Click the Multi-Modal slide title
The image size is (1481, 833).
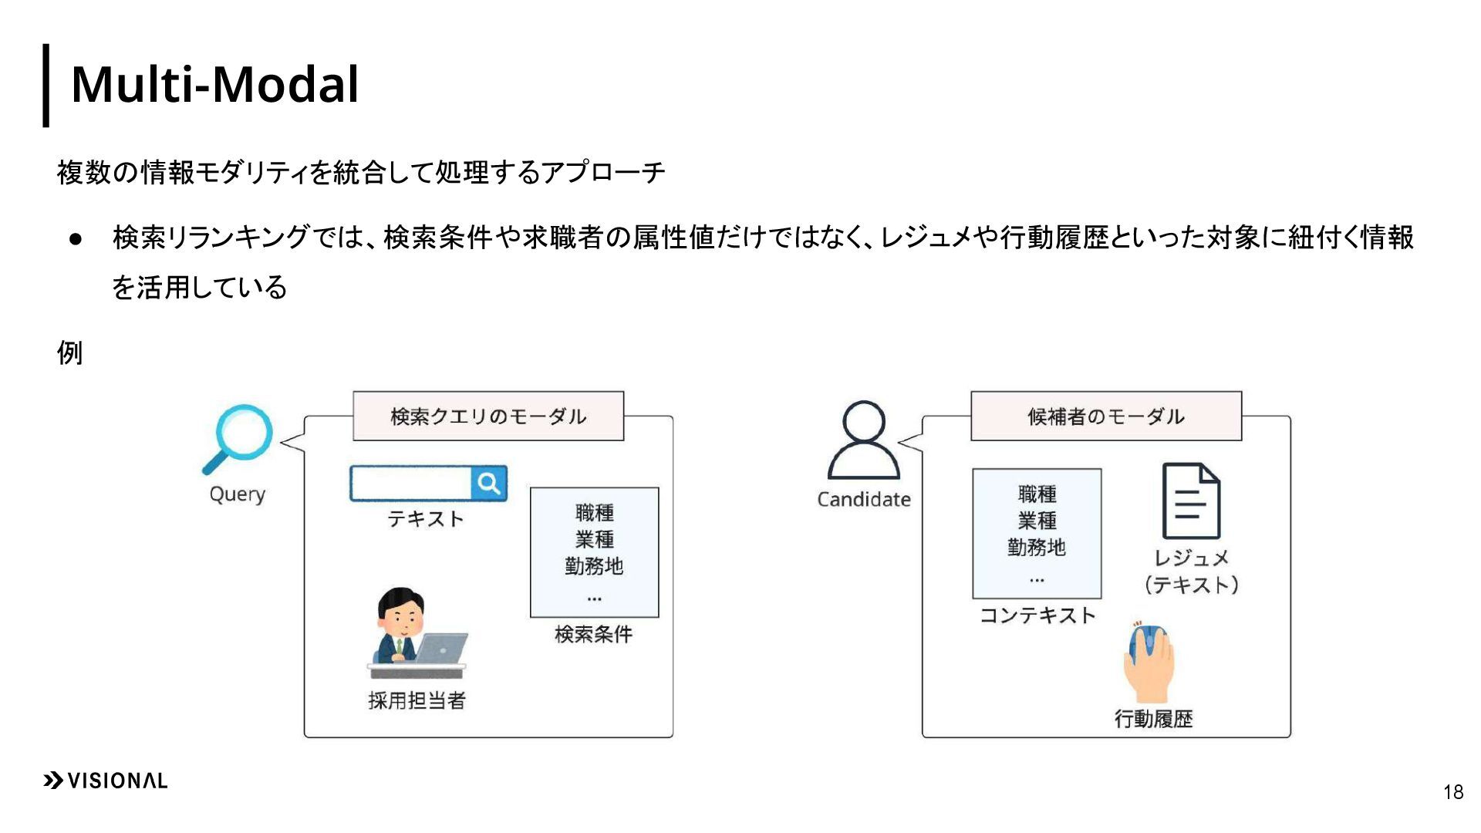click(214, 84)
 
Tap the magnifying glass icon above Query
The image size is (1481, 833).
click(242, 436)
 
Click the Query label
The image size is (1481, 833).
click(238, 494)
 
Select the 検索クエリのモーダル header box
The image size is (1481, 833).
click(487, 416)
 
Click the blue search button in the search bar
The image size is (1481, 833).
click(489, 484)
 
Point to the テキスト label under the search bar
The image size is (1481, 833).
click(425, 519)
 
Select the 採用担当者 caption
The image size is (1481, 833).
click(417, 700)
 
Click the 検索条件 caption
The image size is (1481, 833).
click(593, 634)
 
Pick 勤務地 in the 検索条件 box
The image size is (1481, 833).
click(594, 566)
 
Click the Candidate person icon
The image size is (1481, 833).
click(864, 440)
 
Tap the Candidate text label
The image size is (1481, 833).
click(864, 500)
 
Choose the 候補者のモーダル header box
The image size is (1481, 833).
click(1105, 416)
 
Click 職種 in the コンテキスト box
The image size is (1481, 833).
click(1037, 494)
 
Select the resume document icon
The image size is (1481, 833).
click(1191, 501)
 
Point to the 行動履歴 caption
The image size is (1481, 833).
click(1153, 719)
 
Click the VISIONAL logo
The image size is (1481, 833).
click(106, 781)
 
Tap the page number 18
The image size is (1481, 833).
click(1453, 792)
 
